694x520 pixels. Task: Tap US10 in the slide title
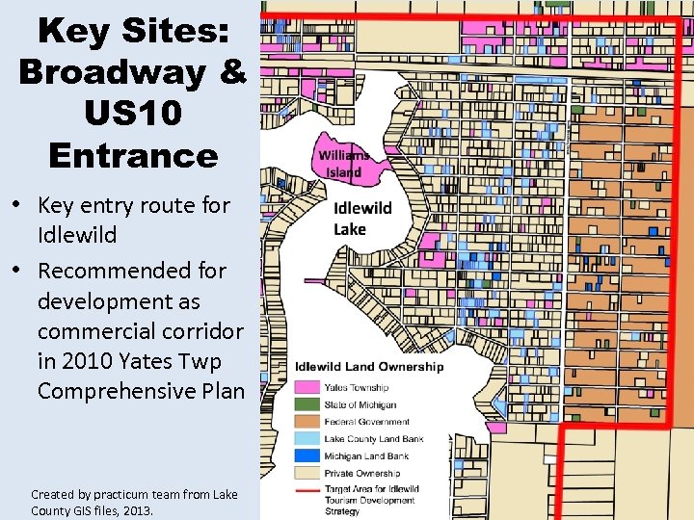[132, 114]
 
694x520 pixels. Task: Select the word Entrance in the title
[132, 155]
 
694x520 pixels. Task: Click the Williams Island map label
[343, 164]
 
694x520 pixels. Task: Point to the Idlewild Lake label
[362, 219]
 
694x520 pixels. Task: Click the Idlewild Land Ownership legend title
[369, 366]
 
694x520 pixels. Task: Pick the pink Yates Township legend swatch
[307, 387]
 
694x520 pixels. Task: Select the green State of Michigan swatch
[307, 404]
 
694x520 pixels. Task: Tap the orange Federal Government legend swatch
[307, 422]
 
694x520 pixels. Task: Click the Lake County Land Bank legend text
[373, 439]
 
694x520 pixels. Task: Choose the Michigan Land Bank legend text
[365, 456]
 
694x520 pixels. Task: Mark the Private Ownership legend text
[361, 474]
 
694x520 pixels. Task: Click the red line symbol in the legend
[307, 490]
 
